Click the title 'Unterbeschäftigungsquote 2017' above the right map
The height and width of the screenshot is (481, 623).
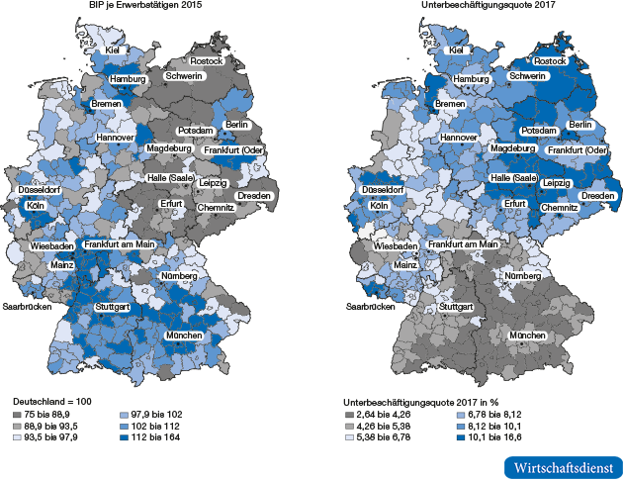(470, 7)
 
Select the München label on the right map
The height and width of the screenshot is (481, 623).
(527, 337)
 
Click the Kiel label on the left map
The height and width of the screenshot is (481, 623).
(113, 49)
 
